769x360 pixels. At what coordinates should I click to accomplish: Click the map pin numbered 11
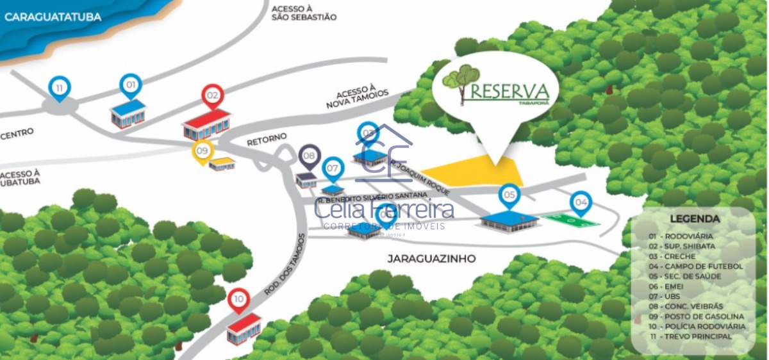tap(60, 88)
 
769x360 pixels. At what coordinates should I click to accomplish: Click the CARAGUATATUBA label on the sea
tap(53, 17)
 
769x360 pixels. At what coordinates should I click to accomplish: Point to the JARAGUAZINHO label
tap(431, 259)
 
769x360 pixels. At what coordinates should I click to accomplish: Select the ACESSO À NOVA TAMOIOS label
tap(357, 98)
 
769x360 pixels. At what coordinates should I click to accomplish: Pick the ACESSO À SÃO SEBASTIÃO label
tap(304, 13)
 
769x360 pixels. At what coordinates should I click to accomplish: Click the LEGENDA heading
tap(695, 219)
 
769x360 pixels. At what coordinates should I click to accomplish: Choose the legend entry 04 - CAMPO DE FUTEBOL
tap(695, 266)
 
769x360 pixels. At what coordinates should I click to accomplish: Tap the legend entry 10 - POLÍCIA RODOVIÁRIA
tap(697, 326)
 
